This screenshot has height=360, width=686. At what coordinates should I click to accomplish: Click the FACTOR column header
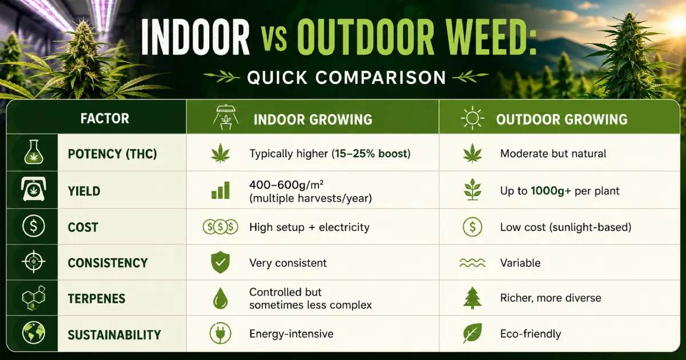point(105,118)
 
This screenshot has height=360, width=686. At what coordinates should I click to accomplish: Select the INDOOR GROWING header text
point(313,119)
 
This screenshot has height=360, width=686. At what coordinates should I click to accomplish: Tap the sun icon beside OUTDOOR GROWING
point(472,118)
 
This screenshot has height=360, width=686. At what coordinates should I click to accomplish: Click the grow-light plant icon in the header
point(226,118)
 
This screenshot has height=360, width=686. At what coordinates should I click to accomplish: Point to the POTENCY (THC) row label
point(112,154)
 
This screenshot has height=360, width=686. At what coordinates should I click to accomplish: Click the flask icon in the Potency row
point(34,152)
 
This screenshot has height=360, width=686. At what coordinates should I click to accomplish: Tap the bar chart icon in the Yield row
point(221,190)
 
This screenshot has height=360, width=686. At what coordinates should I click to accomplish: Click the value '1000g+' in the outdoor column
point(551,191)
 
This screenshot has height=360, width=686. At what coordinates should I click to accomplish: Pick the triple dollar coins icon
point(221,227)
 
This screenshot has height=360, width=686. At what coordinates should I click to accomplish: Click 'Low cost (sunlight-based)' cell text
point(565,227)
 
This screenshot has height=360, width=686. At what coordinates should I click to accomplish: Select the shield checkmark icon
point(221,263)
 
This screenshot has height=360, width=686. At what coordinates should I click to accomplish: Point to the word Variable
point(520,263)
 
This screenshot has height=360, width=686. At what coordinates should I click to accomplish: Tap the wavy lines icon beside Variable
point(472,263)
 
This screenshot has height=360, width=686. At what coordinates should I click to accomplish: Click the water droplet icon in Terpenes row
point(221,298)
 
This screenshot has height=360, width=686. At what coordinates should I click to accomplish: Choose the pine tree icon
point(472,298)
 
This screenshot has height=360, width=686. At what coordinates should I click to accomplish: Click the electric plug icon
point(221,333)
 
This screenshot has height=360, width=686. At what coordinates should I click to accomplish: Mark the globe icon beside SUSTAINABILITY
point(34,333)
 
